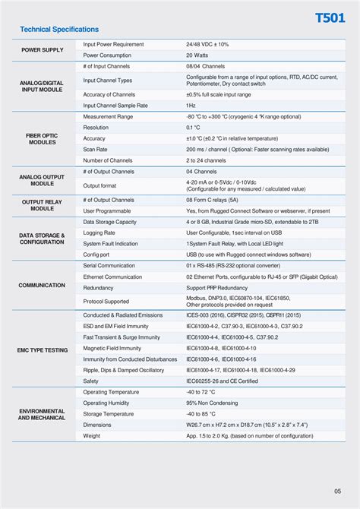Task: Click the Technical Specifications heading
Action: [59, 30]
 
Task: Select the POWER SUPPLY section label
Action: [42, 50]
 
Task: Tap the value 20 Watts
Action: [200, 55]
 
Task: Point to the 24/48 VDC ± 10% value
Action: [207, 45]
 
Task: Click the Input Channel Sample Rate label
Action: [115, 106]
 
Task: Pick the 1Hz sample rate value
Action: [191, 106]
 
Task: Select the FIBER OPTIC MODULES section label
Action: [42, 139]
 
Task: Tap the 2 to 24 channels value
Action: [207, 161]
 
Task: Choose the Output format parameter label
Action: [99, 185]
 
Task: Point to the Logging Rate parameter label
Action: [99, 232]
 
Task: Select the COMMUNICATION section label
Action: [42, 285]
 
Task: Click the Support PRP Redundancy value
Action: [216, 289]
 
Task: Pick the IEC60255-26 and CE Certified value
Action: [222, 381]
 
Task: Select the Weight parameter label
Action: [91, 436]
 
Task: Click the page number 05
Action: [337, 490]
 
